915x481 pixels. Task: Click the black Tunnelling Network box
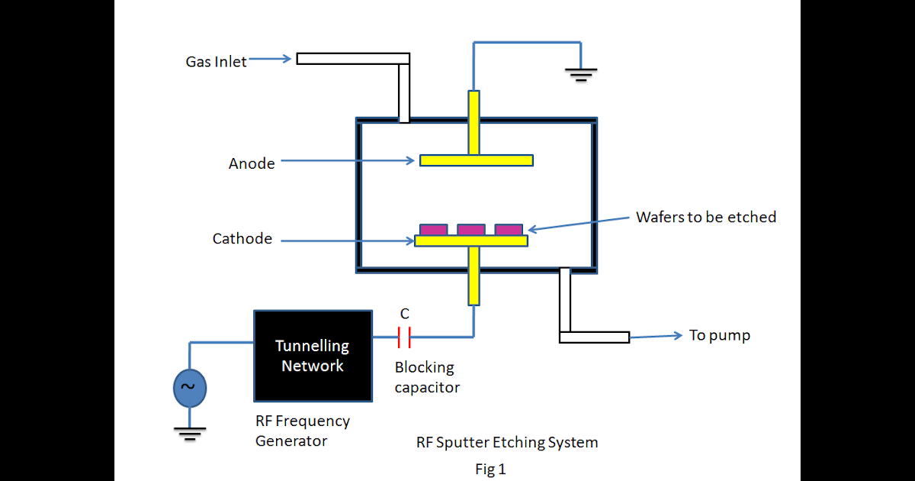313,356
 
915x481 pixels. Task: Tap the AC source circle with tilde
188,388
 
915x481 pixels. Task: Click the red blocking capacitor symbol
404,337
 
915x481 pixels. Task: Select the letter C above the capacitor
405,314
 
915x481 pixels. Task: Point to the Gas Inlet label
216,62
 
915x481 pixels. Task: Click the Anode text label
252,163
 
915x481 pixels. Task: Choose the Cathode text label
242,239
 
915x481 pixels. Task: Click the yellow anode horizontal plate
476,160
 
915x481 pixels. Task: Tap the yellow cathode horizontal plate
471,240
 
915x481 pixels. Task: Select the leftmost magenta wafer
434,229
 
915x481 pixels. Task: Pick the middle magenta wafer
471,229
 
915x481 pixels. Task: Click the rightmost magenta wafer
509,229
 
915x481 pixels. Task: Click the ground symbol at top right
580,73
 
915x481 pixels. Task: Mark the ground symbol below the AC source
188,434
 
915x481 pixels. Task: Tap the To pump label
719,335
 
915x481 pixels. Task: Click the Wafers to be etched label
705,217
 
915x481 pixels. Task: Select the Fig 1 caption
490,470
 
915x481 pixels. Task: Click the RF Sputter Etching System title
507,442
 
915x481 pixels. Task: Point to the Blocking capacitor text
426,377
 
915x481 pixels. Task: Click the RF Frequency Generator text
303,431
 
